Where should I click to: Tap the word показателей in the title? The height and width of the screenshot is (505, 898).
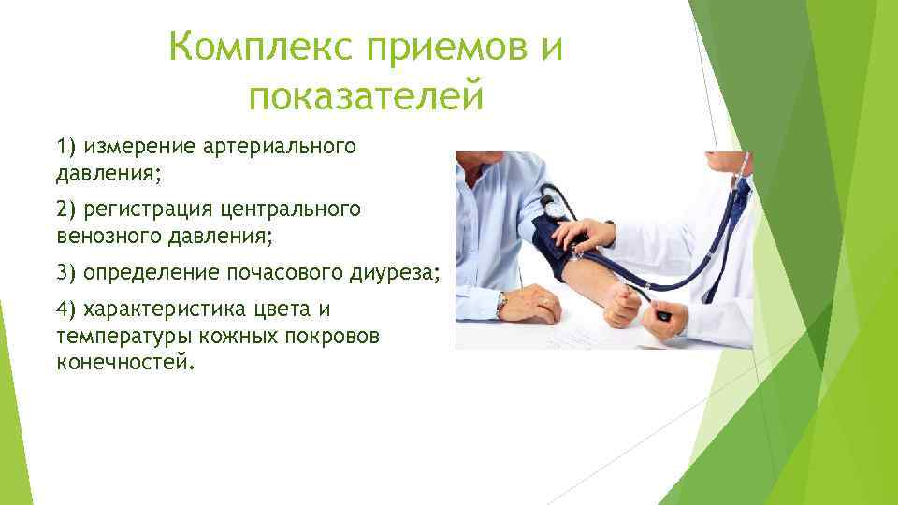367,95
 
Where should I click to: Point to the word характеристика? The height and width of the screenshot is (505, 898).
155,310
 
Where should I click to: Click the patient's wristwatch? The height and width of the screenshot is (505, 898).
502,303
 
